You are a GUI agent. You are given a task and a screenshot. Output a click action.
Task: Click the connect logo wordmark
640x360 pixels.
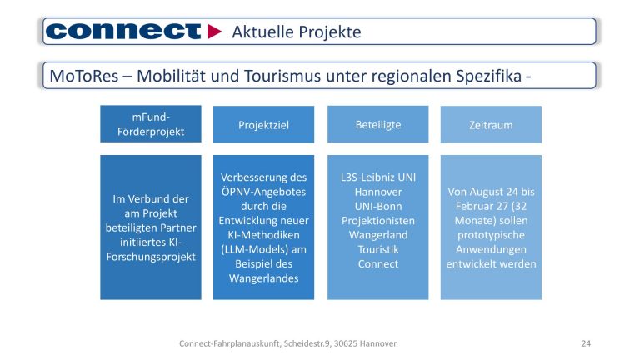(123, 32)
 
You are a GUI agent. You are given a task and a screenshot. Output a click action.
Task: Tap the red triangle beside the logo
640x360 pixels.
(215, 32)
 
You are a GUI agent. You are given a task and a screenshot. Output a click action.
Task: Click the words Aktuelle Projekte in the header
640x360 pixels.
(296, 32)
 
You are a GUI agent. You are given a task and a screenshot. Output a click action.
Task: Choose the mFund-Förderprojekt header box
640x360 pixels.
(151, 123)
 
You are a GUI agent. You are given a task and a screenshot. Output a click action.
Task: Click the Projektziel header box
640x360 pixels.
(263, 125)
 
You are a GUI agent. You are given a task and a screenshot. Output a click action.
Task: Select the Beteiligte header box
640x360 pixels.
(377, 124)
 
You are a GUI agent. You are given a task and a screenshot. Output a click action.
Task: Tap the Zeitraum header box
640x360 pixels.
(490, 125)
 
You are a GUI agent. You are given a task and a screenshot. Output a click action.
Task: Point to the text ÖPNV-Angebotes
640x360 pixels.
(263, 192)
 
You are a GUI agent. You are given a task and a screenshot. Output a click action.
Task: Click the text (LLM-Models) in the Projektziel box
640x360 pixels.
(263, 249)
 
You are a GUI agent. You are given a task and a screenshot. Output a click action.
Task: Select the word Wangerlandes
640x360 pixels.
(263, 278)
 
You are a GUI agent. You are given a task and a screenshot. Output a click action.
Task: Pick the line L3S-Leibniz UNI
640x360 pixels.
(377, 177)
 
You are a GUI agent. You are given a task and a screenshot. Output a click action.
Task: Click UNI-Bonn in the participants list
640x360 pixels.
(377, 206)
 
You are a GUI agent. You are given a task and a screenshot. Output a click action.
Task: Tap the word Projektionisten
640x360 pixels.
(377, 221)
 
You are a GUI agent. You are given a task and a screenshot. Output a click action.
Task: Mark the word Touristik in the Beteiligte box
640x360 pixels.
(377, 249)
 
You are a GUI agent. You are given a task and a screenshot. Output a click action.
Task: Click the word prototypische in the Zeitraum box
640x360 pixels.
(490, 235)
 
